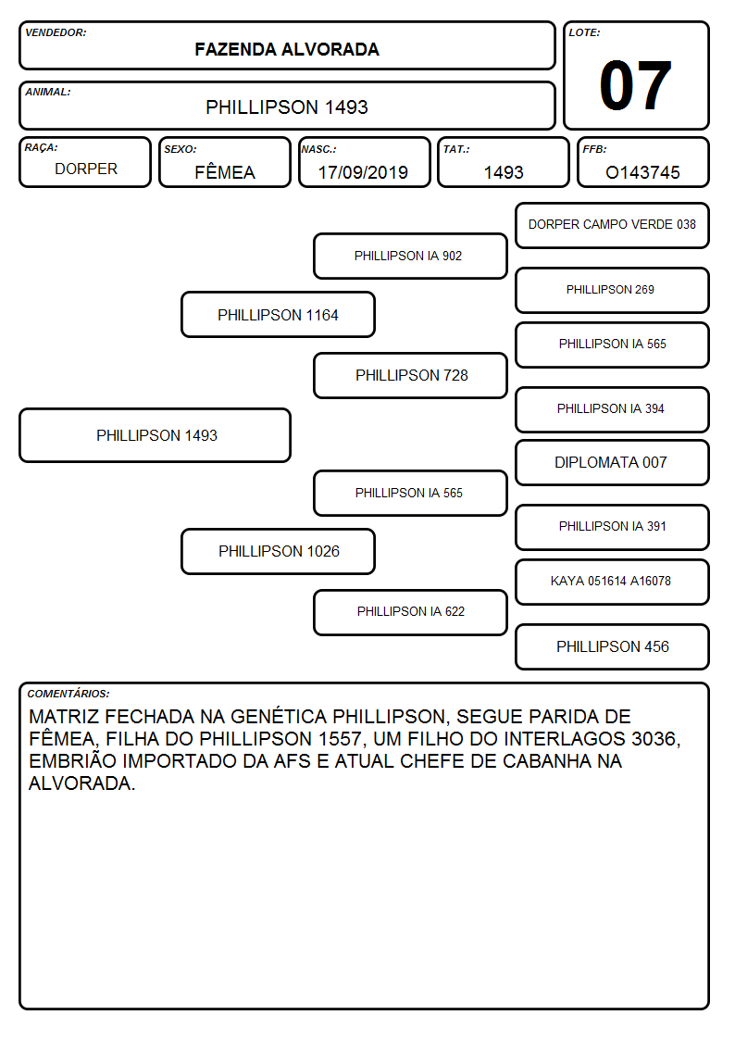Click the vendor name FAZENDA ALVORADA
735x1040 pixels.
(x=287, y=49)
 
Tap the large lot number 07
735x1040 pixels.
(x=636, y=85)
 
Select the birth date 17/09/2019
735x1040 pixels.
(x=363, y=172)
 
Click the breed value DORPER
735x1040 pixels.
(x=86, y=169)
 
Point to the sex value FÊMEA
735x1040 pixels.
(x=225, y=171)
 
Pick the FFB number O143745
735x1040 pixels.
(x=642, y=172)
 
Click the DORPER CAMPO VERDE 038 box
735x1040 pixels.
(x=613, y=226)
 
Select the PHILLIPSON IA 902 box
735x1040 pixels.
(x=410, y=256)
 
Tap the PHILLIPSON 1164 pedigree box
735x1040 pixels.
(x=279, y=315)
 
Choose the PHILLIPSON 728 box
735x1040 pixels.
(x=410, y=375)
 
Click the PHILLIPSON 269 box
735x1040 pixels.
(x=613, y=290)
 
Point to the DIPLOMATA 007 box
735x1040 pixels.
(x=613, y=462)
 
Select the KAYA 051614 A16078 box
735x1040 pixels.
(x=613, y=582)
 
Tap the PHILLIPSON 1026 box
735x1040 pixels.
(x=279, y=551)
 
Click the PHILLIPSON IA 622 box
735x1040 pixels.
(x=410, y=612)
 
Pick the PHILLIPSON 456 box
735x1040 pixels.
(x=613, y=646)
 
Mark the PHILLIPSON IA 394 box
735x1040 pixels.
(x=613, y=409)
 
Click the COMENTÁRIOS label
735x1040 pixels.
(x=69, y=694)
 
